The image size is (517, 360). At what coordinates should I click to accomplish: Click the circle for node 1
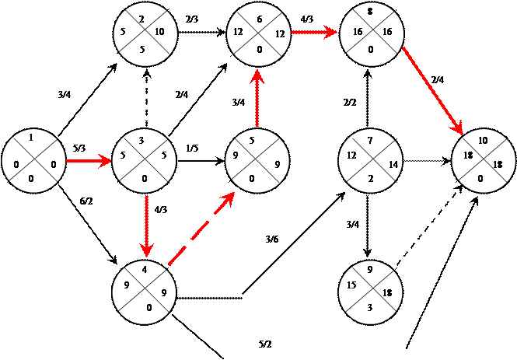click(x=31, y=163)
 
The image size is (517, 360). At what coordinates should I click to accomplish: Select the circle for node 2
click(x=143, y=33)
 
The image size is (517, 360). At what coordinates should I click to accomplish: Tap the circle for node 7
click(x=371, y=163)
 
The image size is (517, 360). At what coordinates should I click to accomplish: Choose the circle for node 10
click(x=484, y=163)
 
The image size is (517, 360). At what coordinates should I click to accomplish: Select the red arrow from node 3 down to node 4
click(x=145, y=225)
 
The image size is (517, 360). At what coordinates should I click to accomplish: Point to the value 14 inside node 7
click(x=393, y=165)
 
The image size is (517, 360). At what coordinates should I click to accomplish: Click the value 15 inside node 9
click(x=352, y=286)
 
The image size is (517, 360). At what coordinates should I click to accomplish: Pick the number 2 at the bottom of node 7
click(x=371, y=179)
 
